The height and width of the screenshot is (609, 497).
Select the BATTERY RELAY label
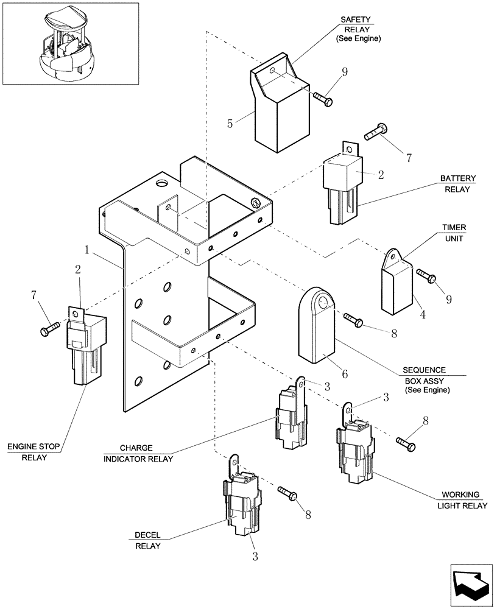click(457, 184)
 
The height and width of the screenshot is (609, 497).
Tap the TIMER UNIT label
click(454, 233)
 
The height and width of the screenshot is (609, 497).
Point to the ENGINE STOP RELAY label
click(33, 452)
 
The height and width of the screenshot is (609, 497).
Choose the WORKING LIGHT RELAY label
click(461, 500)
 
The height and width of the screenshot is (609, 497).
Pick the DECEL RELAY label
click(147, 540)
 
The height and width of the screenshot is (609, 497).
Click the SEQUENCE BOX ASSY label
click(424, 379)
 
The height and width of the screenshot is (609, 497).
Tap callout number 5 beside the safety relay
click(230, 124)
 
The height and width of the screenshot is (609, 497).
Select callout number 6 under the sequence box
click(344, 373)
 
